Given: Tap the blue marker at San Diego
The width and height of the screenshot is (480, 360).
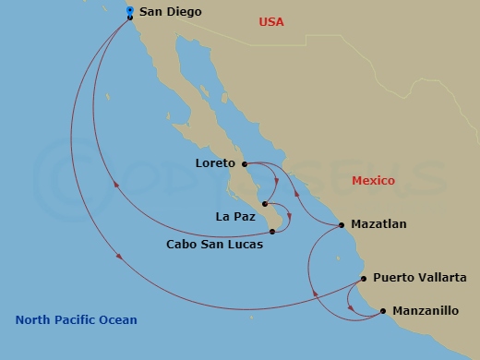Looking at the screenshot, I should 129,10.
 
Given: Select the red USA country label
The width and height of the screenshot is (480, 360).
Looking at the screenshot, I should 271,21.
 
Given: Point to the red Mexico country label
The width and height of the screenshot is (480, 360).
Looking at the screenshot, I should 373,181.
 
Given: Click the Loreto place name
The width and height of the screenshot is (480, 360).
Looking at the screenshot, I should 216,164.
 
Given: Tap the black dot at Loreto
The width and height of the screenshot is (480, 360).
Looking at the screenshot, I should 245,165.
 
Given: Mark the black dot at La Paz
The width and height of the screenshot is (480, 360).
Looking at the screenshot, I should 265,204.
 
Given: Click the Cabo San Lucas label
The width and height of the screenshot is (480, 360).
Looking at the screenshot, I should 214,245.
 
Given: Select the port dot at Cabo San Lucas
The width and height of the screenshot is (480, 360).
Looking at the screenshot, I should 272,232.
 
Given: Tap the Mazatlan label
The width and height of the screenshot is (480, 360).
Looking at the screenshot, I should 378,224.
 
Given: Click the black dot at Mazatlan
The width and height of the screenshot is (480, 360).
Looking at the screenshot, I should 342,224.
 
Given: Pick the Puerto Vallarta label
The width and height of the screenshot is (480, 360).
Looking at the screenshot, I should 420,278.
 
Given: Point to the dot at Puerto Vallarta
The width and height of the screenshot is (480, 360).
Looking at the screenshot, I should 364,278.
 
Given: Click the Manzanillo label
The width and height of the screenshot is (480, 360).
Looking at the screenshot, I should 426,311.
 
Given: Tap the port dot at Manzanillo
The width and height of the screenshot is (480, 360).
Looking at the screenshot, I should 383,312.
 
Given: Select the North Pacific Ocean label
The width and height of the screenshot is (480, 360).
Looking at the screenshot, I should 76,320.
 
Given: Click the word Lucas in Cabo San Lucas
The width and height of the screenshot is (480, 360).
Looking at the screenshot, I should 245,245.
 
